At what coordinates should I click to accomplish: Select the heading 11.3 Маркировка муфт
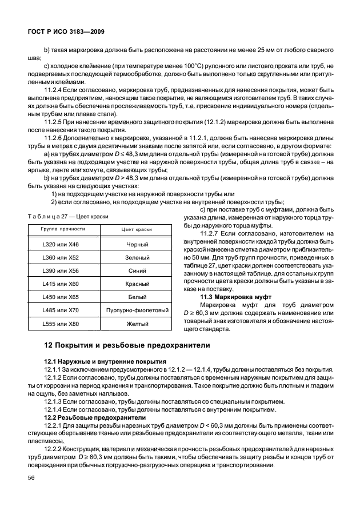point(235,298)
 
